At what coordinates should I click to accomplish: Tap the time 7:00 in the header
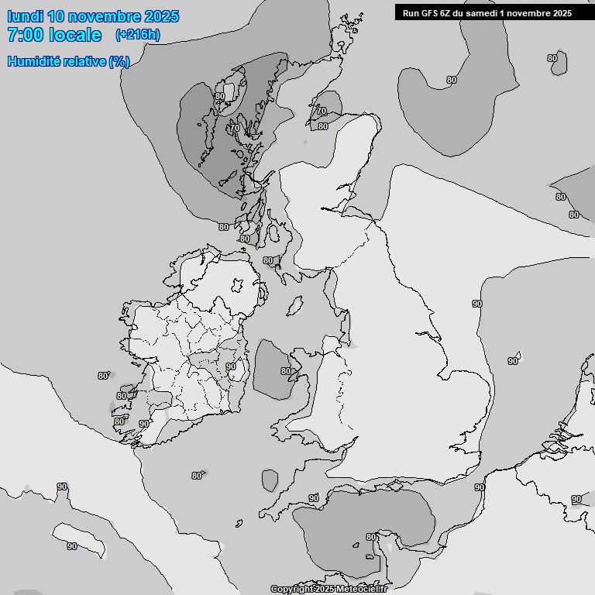(26, 35)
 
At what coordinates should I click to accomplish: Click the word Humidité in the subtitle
(36, 61)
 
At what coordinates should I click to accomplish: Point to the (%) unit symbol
(119, 61)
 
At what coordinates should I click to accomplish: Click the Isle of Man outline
(294, 307)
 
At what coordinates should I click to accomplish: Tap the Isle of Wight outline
(385, 546)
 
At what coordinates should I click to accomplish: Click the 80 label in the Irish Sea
(285, 372)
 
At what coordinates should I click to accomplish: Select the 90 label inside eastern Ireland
(230, 366)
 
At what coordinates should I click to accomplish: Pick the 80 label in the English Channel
(370, 537)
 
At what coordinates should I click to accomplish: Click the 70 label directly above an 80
(321, 112)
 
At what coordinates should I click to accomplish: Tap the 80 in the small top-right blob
(552, 58)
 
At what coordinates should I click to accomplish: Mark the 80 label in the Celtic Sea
(196, 476)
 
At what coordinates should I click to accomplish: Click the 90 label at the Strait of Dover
(480, 487)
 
